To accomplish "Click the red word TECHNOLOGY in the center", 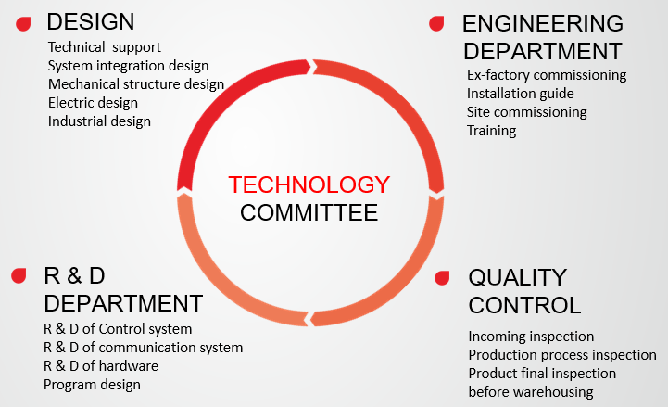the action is [x=309, y=184].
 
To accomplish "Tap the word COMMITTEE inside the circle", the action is [x=309, y=212].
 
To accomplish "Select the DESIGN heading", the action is [x=90, y=21].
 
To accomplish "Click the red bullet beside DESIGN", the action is [x=23, y=24].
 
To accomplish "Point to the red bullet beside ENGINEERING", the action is [x=436, y=23].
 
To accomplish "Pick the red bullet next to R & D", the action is [x=19, y=275].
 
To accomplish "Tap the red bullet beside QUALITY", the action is [x=442, y=278].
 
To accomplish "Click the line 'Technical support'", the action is [x=105, y=47].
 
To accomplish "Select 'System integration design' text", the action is [x=128, y=66].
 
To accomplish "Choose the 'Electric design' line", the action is [x=93, y=103].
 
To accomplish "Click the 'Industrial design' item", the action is [x=99, y=121].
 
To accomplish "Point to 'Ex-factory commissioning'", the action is [x=547, y=75].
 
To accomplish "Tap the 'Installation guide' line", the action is [x=520, y=94].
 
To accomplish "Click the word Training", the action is [x=491, y=131].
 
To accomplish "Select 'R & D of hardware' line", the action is [x=101, y=366].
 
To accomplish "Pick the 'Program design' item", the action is [x=92, y=385].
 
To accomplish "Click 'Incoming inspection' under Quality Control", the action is [x=531, y=337].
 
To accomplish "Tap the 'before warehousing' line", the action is [x=531, y=392].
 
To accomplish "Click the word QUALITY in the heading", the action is [x=518, y=278].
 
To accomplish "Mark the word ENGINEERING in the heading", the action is [x=543, y=23].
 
